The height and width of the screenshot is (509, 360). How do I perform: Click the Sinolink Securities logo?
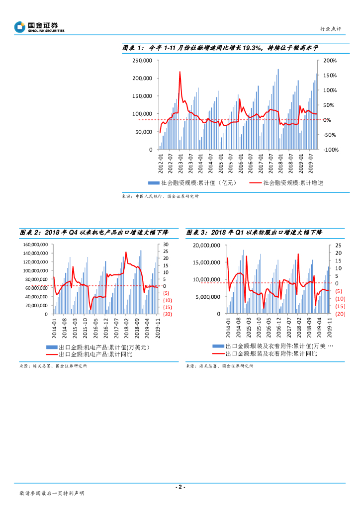point(39,26)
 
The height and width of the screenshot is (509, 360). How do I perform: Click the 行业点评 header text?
point(330,29)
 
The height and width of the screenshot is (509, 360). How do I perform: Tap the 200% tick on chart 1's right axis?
point(330,61)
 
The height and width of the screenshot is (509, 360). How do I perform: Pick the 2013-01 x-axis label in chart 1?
point(180,163)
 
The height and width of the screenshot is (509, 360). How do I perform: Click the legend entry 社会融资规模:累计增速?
point(293,183)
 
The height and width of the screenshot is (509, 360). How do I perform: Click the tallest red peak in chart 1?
point(180,72)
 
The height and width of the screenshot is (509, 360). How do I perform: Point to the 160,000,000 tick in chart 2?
point(35,245)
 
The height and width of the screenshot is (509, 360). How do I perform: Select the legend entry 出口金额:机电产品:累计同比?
point(95,354)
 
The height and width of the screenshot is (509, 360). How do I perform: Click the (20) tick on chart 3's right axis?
point(340,314)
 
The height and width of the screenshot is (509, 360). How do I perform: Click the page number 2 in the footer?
point(180,487)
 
